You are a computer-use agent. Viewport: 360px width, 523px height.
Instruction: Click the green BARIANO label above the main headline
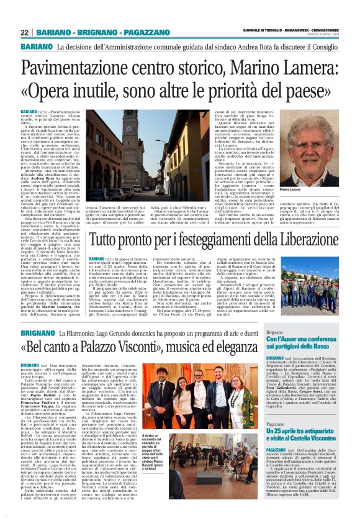35,47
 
